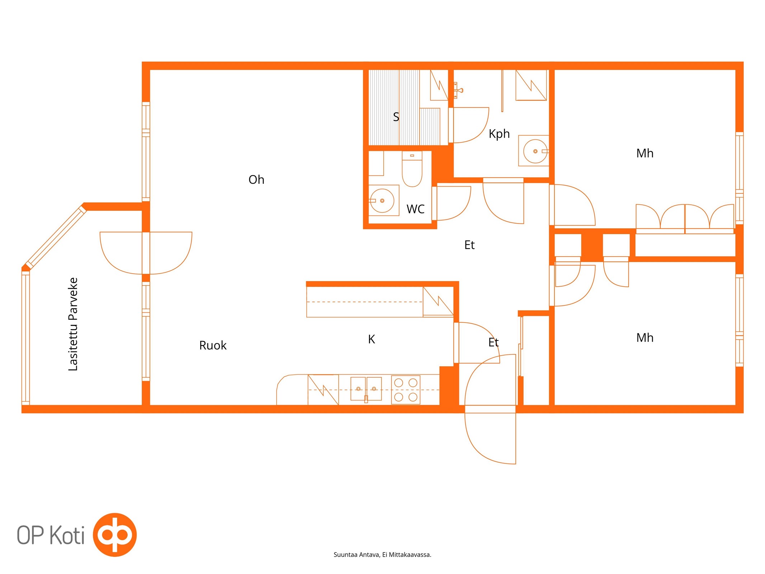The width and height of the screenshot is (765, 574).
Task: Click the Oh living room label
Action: coord(256,179)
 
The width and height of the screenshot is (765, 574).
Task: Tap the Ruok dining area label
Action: coord(213,345)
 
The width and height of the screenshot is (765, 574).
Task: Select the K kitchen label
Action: coord(371,339)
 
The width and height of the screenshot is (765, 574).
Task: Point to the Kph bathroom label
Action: coord(499,134)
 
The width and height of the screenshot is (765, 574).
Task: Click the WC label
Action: coord(415,209)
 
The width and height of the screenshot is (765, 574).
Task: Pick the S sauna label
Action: coord(396,117)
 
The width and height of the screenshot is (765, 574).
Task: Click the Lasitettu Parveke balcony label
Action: coord(73,324)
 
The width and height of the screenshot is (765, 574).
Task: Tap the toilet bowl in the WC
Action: coord(412,169)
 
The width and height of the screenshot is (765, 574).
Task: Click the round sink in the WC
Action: coord(382,201)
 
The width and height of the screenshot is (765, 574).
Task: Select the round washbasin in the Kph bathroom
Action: coord(535,151)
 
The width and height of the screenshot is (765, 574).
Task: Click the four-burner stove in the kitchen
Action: coord(406,390)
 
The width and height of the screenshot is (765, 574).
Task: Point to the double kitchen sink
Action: coord(366,389)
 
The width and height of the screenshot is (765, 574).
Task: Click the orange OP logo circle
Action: coord(115,535)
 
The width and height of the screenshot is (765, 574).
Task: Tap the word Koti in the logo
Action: coord(67,535)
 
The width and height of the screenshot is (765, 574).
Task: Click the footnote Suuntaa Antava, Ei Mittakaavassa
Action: coord(382,555)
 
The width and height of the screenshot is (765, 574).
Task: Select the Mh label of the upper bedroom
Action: coord(644,153)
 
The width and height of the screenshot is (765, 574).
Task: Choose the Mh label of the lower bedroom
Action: coord(644,338)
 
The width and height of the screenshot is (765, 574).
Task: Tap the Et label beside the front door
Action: coord(493,342)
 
